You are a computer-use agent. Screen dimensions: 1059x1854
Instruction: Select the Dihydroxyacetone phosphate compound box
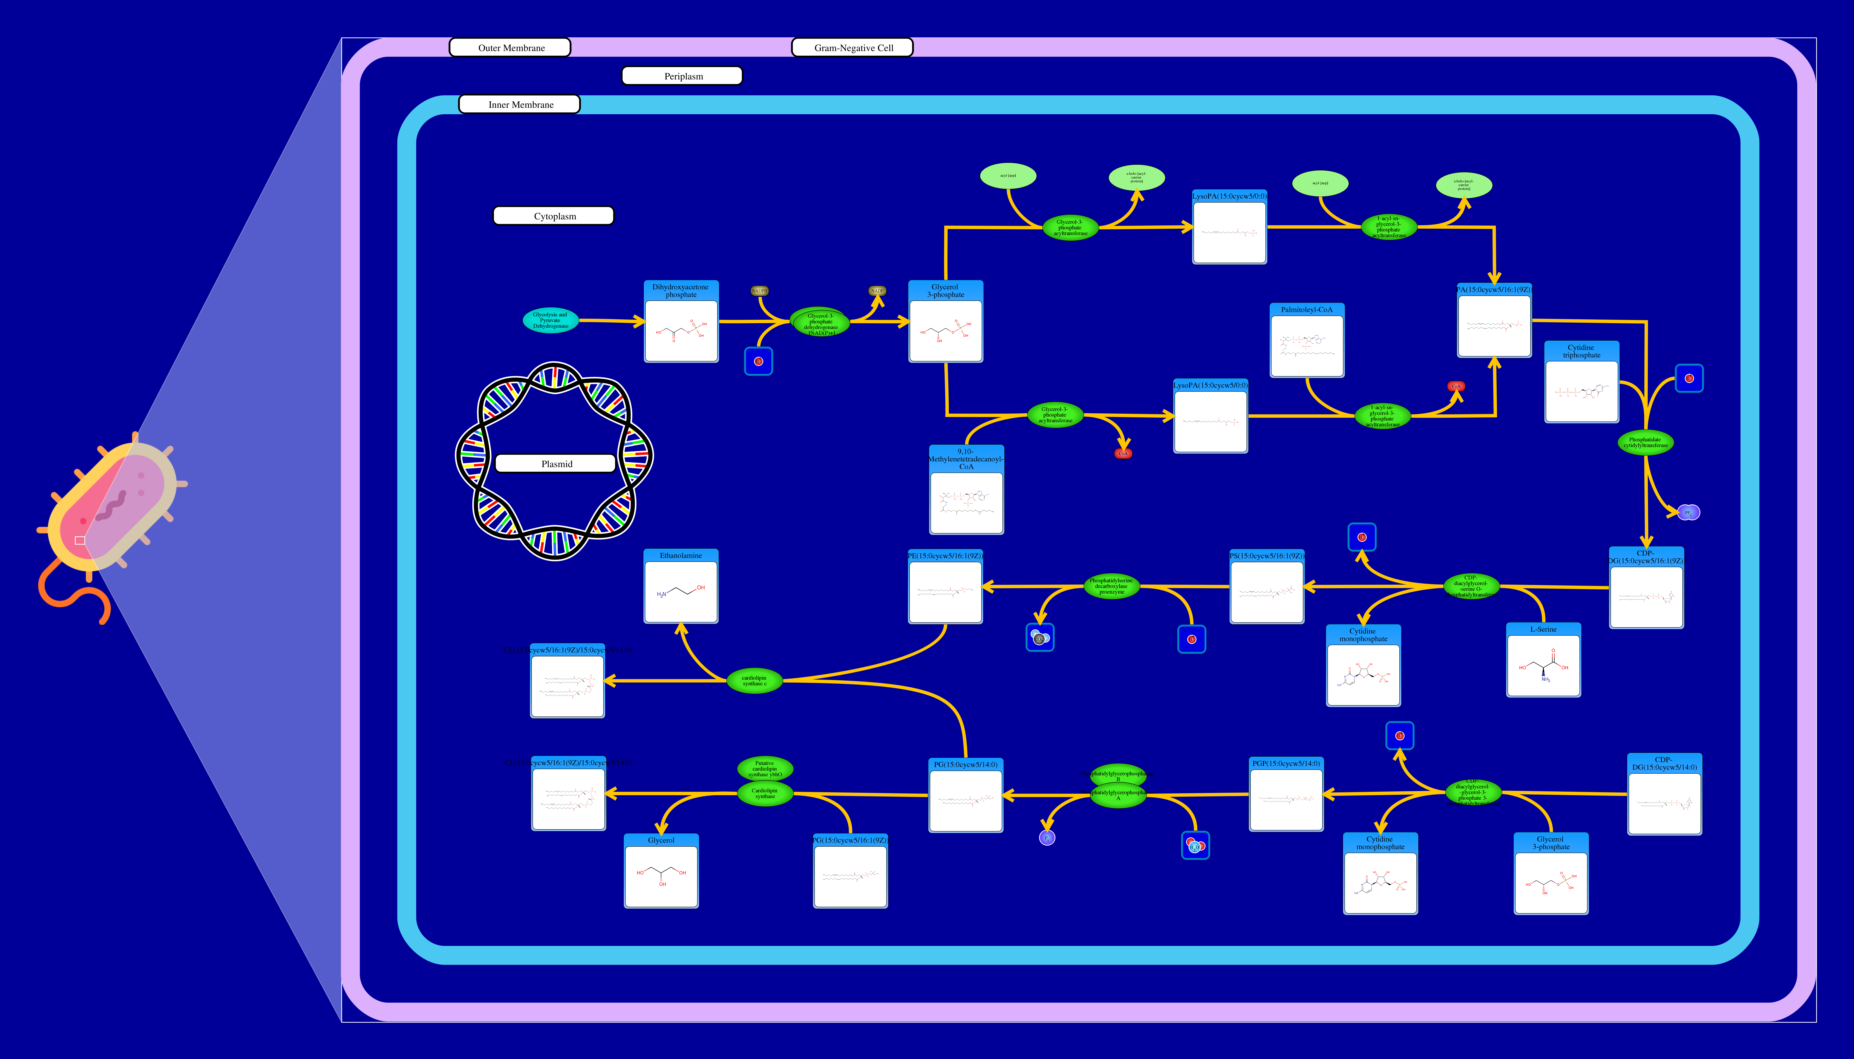[x=681, y=321]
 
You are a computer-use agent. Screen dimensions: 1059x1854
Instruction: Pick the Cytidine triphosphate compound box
[x=1581, y=382]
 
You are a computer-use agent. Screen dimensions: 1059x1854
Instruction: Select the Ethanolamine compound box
[x=681, y=586]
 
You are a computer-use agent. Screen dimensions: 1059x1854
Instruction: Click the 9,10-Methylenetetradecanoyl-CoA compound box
[x=966, y=490]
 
